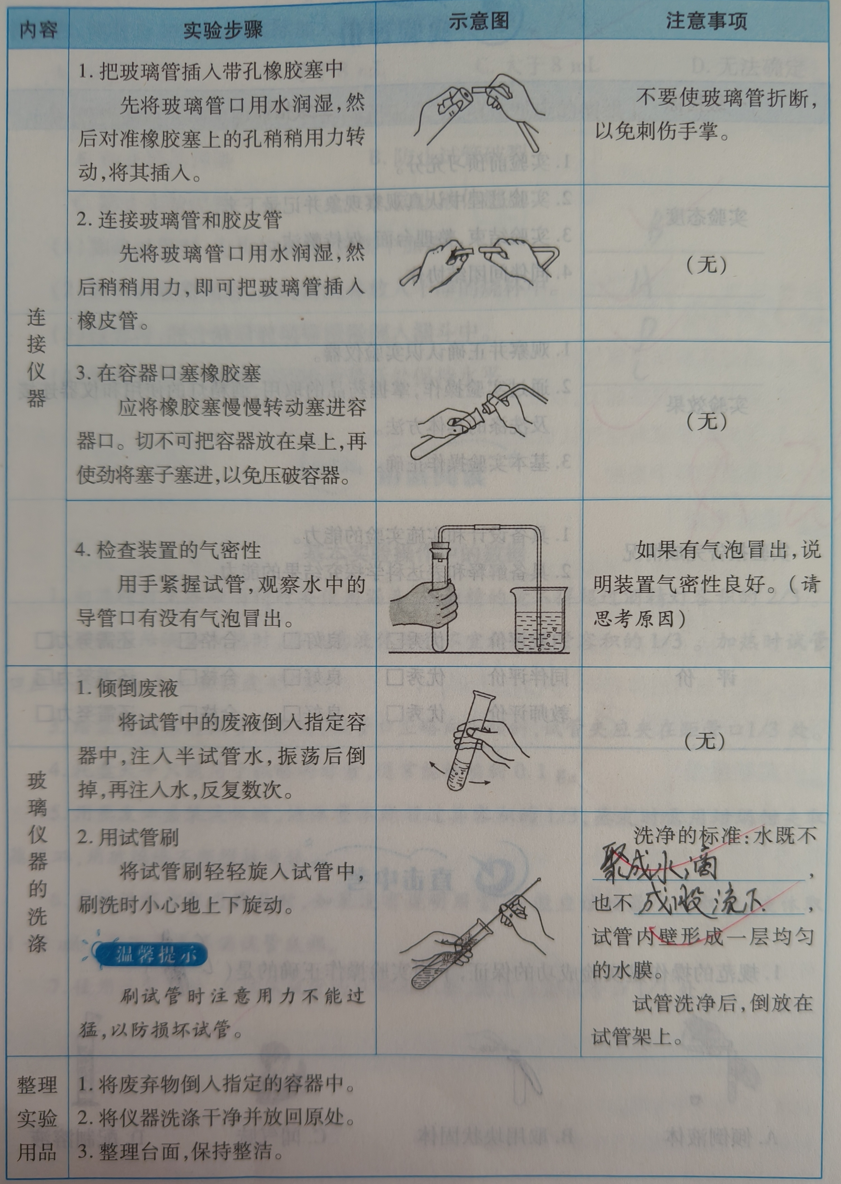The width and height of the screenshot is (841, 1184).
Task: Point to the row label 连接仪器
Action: pyautogui.click(x=37, y=357)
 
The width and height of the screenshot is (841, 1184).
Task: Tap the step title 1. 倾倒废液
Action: pyautogui.click(x=127, y=688)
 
